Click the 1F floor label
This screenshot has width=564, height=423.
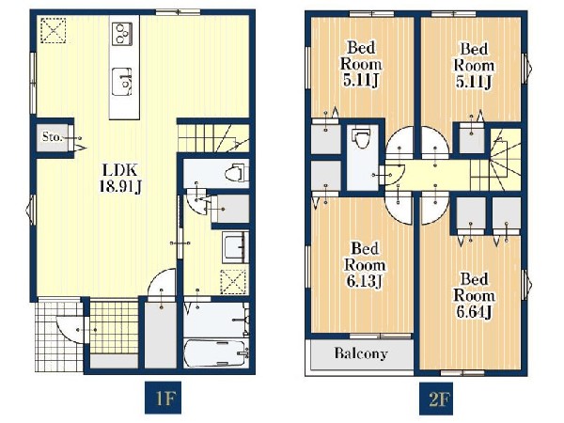pyautogui.click(x=163, y=398)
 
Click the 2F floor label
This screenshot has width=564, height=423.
pyautogui.click(x=436, y=398)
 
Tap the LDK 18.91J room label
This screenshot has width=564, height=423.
pyautogui.click(x=120, y=178)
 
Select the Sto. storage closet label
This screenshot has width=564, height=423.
pyautogui.click(x=53, y=136)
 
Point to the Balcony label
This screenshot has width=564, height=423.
pyautogui.click(x=361, y=353)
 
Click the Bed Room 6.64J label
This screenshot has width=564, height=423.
pyautogui.click(x=474, y=296)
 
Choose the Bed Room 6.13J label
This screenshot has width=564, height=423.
pyautogui.click(x=365, y=265)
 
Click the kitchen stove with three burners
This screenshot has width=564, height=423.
pyautogui.click(x=122, y=34)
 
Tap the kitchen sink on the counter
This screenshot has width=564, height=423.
pyautogui.click(x=122, y=82)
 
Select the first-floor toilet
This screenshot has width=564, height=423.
pyautogui.click(x=236, y=173)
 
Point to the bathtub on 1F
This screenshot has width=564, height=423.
pyautogui.click(x=216, y=353)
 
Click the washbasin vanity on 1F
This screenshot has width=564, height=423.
pyautogui.click(x=235, y=247)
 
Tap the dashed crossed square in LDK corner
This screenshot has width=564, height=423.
pyautogui.click(x=53, y=30)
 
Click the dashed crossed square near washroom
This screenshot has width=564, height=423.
pyautogui.click(x=233, y=283)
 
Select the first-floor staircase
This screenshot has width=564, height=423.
pyautogui.click(x=213, y=138)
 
